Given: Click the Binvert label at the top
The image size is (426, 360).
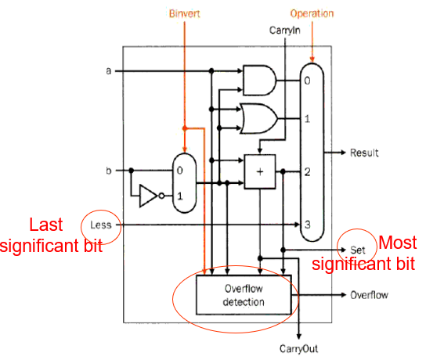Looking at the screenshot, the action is [185, 13].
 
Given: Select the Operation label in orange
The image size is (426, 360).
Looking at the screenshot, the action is [312, 13].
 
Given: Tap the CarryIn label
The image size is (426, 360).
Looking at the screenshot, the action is [285, 31].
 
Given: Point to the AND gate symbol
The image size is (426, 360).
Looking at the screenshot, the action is [259, 81].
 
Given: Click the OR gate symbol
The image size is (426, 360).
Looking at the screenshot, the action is [258, 118].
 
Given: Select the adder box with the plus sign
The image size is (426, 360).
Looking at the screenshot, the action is [260, 171].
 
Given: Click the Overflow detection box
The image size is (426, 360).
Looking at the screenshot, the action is [244, 295].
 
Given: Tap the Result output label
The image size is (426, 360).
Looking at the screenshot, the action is [364, 153].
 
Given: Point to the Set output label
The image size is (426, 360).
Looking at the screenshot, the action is [358, 250].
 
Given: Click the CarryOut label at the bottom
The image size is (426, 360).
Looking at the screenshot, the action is [298, 348].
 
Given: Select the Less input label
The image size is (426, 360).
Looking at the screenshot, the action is [101, 225].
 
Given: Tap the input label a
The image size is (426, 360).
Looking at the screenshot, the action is [109, 71].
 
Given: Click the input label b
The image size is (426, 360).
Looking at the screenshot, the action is [109, 171].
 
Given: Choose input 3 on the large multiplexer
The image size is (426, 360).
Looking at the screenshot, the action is [307, 225].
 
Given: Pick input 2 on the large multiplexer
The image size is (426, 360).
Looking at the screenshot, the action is [307, 171].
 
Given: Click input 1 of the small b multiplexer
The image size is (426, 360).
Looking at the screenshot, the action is [179, 196].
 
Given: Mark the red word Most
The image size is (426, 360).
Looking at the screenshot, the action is [398, 243].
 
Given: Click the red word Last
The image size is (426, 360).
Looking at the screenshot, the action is [46, 225].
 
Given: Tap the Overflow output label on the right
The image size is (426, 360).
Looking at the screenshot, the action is [369, 295].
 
